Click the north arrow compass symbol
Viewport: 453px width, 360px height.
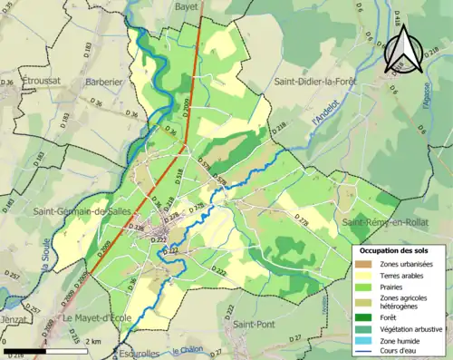coord(405,50)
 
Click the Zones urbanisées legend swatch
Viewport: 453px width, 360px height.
coord(367,263)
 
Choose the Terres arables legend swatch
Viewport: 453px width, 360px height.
coord(367,275)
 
